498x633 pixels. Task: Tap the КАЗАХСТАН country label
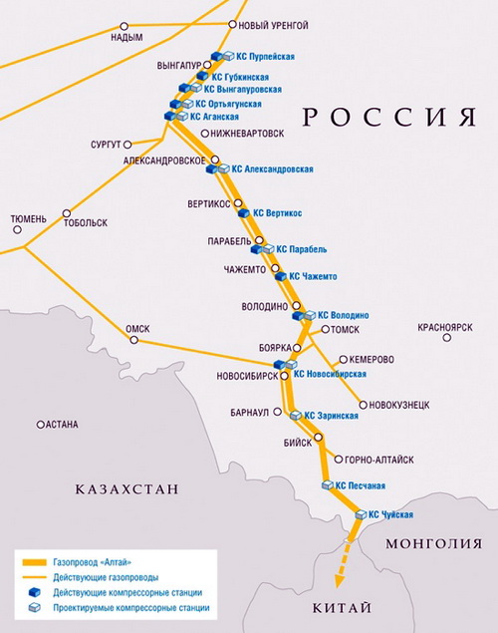(x=126, y=489)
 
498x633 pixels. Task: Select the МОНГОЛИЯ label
(x=430, y=543)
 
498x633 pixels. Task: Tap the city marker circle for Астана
(x=41, y=424)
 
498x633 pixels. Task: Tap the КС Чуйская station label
(x=390, y=515)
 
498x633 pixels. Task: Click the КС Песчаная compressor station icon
(x=327, y=484)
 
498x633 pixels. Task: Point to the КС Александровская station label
(x=273, y=169)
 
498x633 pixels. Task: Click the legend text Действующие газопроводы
(x=108, y=577)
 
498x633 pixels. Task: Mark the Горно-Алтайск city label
(x=378, y=460)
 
